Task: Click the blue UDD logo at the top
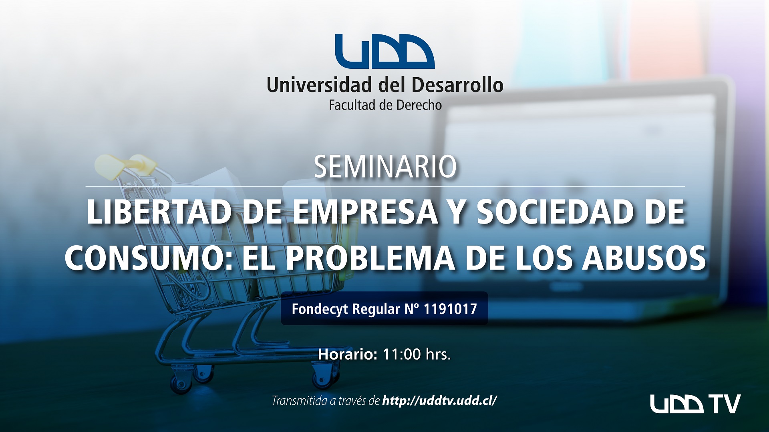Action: (x=384, y=52)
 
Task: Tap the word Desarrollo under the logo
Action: (x=457, y=85)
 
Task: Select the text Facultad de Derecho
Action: (x=385, y=105)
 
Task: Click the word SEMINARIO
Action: (x=385, y=167)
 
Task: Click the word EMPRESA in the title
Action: (x=365, y=212)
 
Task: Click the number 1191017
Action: (x=450, y=309)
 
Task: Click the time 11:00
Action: (x=402, y=354)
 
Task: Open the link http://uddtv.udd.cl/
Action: (x=440, y=400)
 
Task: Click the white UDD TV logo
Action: (x=695, y=404)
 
